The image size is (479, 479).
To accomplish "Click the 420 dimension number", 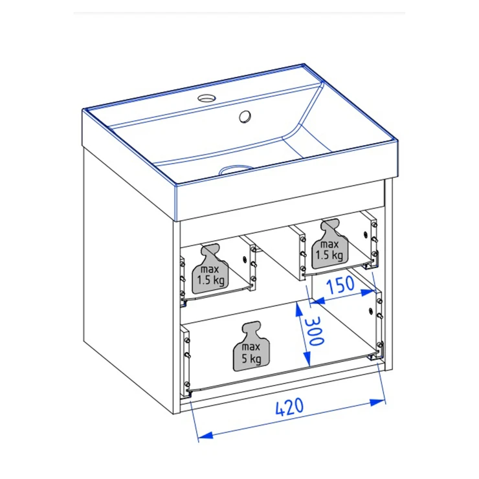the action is coord(289,407).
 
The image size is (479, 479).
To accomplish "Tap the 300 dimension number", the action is coord(315,331).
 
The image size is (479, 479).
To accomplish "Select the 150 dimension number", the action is coord(340,285).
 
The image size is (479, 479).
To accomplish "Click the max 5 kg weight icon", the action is coord(251,346).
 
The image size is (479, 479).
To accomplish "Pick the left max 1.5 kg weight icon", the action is coord(210,269).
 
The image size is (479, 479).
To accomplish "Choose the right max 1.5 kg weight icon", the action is coord(329,244).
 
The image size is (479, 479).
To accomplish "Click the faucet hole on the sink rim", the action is coord(206,98).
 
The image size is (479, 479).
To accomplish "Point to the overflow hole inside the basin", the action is coord(245,117).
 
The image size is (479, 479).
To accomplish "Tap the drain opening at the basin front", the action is coord(236,169).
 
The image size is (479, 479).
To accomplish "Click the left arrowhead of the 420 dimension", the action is coord(205,436).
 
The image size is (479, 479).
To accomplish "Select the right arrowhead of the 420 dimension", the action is coord(377,402).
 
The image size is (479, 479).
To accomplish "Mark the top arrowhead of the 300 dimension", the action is coord(298,309).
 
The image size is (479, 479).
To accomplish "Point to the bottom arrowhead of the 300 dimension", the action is coord(307,359).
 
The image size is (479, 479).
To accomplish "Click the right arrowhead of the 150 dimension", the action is coord(368,293).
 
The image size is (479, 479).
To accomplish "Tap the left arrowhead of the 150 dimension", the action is coord(317,301).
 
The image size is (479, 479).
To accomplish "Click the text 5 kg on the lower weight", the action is coord(251,359).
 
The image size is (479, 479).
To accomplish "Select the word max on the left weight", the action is coord(210,269).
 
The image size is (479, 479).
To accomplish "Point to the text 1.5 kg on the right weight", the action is coord(329,255).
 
